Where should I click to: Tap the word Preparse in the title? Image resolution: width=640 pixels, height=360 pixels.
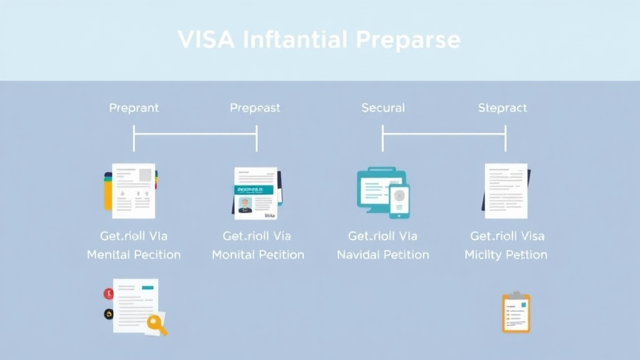409,40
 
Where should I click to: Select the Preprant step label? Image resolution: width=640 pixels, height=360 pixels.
134,108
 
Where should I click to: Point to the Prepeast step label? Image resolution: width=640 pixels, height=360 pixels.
255,108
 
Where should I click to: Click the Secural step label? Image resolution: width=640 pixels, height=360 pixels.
383,108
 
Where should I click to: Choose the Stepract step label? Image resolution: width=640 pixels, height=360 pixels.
502,108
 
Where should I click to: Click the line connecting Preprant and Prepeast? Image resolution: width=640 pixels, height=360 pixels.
195,132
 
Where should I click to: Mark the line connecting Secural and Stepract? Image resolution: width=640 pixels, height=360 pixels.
444,132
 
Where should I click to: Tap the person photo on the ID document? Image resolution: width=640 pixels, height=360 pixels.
244,205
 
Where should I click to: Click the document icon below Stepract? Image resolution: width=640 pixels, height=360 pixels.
505,191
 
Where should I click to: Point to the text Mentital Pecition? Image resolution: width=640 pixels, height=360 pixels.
134,255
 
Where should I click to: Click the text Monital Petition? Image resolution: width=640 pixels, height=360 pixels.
257,255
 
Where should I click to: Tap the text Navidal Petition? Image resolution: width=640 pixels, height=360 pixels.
382,255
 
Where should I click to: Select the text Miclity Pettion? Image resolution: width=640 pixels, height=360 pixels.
506,255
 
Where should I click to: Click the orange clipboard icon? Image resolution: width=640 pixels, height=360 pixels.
516,312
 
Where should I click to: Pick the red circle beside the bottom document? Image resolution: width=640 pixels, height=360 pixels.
109,292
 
